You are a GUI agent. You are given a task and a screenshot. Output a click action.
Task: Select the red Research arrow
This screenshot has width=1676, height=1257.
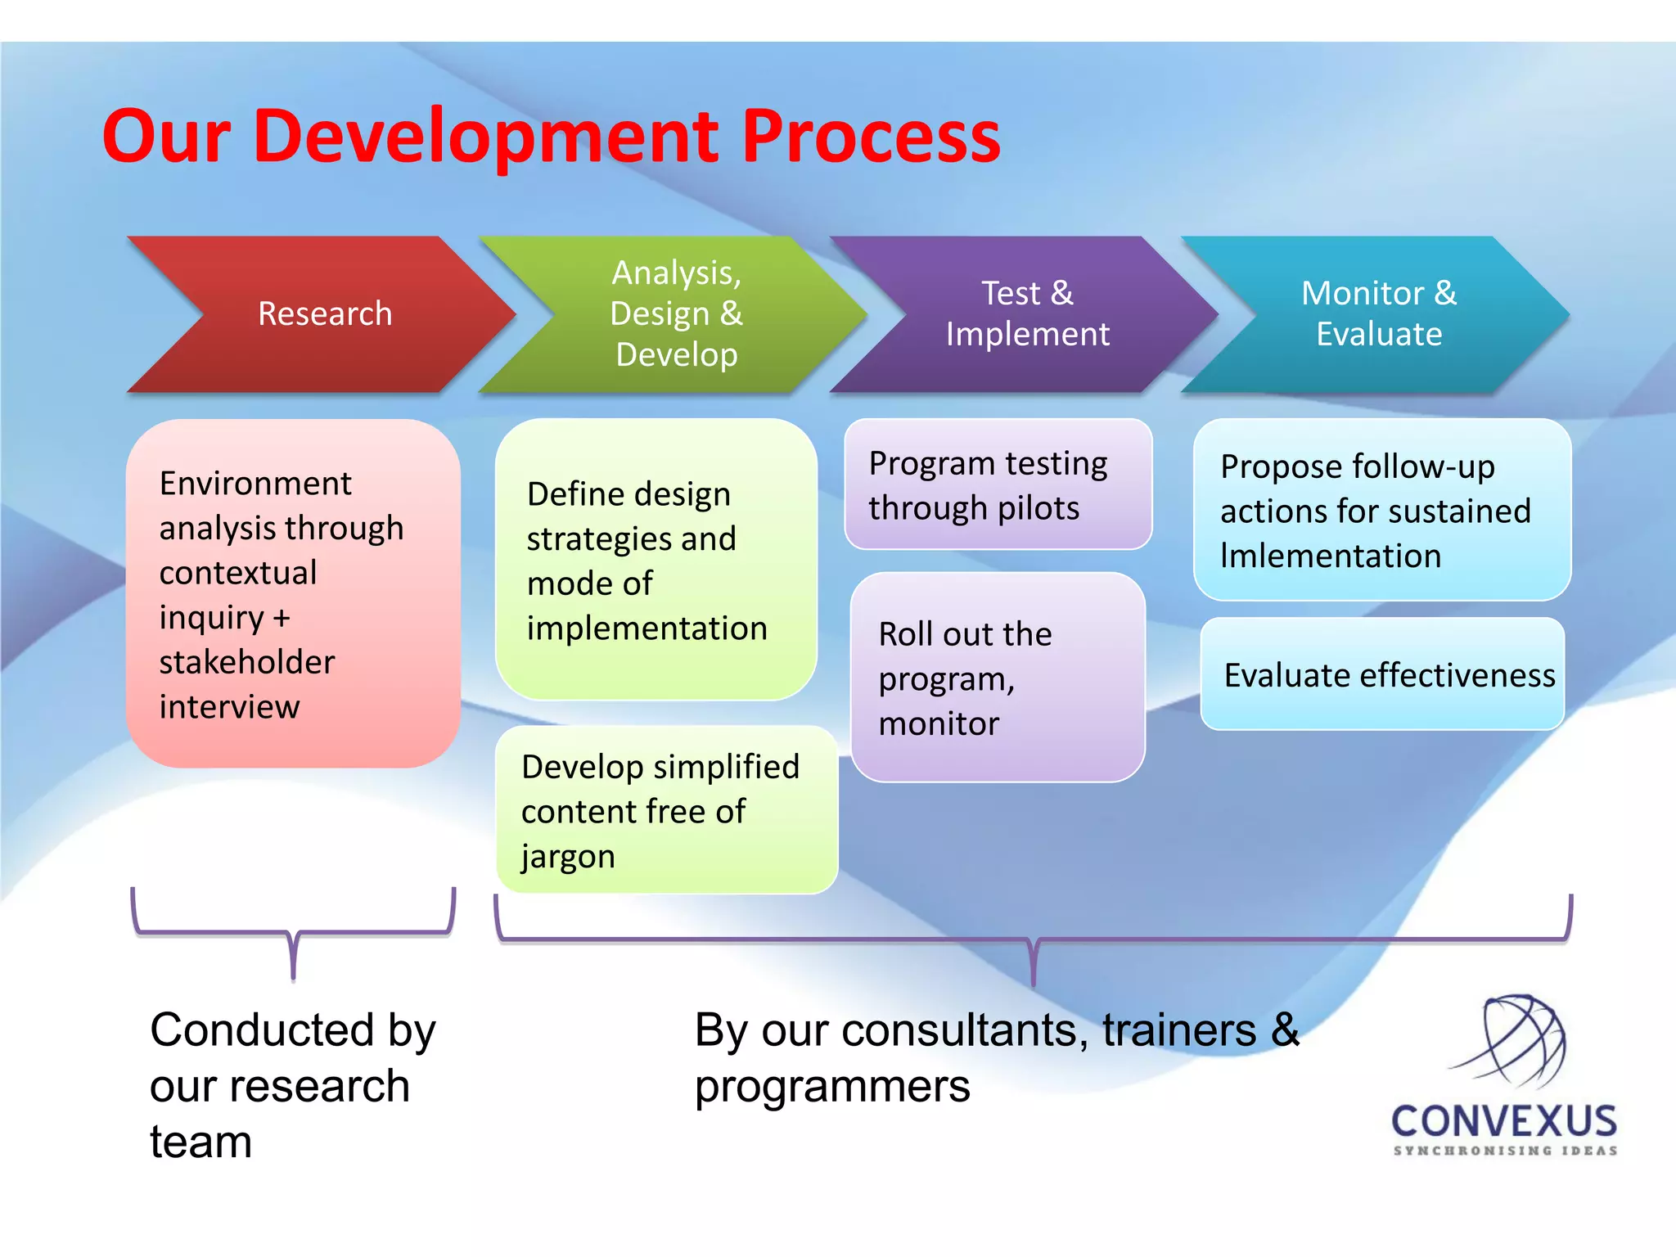tap(324, 314)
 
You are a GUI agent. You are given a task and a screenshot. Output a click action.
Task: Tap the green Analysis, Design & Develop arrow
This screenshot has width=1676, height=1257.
tap(676, 314)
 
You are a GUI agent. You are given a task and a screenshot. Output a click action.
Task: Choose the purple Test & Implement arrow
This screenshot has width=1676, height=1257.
tap(1027, 314)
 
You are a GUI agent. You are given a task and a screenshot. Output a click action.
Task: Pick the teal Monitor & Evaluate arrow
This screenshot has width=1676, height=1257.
tap(1378, 314)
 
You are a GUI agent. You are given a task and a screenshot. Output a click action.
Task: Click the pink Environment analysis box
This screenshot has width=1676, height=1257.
tap(293, 593)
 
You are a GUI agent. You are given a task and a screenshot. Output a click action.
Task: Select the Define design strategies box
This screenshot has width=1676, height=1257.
tap(656, 560)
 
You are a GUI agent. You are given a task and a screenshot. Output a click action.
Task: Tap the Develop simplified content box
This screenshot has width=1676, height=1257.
tap(666, 810)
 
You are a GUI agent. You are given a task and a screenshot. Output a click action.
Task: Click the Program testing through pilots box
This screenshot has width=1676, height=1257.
tap(998, 484)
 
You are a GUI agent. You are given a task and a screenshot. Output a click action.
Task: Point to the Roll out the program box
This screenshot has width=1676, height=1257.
tap(998, 678)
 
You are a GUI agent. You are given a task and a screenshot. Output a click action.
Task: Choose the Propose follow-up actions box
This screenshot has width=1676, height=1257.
tap(1381, 510)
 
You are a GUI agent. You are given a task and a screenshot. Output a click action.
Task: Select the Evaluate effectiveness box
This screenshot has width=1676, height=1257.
tap(1381, 674)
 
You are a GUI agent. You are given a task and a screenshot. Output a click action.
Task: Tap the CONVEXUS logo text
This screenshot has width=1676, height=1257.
tap(1504, 1121)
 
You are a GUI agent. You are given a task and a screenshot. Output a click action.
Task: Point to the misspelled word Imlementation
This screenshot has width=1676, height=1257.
tap(1330, 556)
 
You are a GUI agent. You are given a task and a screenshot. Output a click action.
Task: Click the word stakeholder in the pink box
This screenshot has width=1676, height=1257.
tap(247, 662)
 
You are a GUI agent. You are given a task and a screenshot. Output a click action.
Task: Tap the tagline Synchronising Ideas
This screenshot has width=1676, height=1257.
tap(1505, 1151)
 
